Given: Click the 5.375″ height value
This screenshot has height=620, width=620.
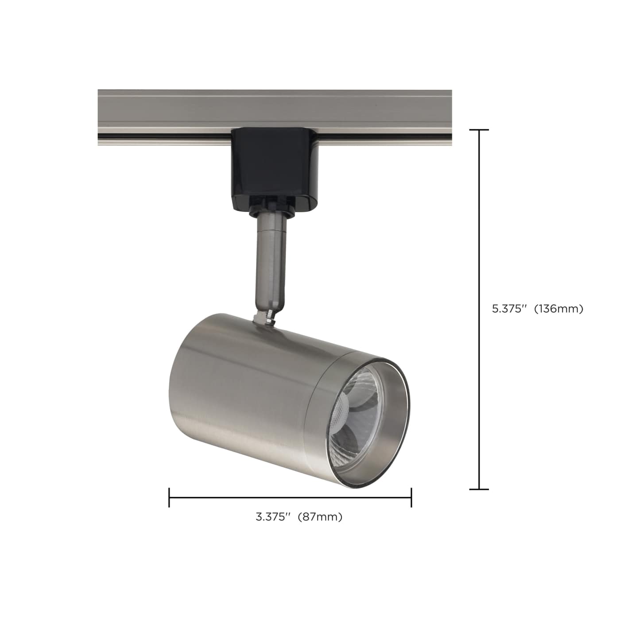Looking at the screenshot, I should (x=508, y=309).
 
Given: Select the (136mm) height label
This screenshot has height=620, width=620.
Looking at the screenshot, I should (x=558, y=309).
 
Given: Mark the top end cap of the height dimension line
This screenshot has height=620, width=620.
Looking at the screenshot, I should (x=479, y=130).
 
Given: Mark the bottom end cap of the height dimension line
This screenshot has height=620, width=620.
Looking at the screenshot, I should (x=479, y=489).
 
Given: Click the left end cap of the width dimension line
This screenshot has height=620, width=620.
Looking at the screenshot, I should (x=169, y=497).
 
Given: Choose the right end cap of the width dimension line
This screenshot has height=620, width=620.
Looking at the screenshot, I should (x=411, y=497).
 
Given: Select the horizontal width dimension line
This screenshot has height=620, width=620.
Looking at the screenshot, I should (x=290, y=497).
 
